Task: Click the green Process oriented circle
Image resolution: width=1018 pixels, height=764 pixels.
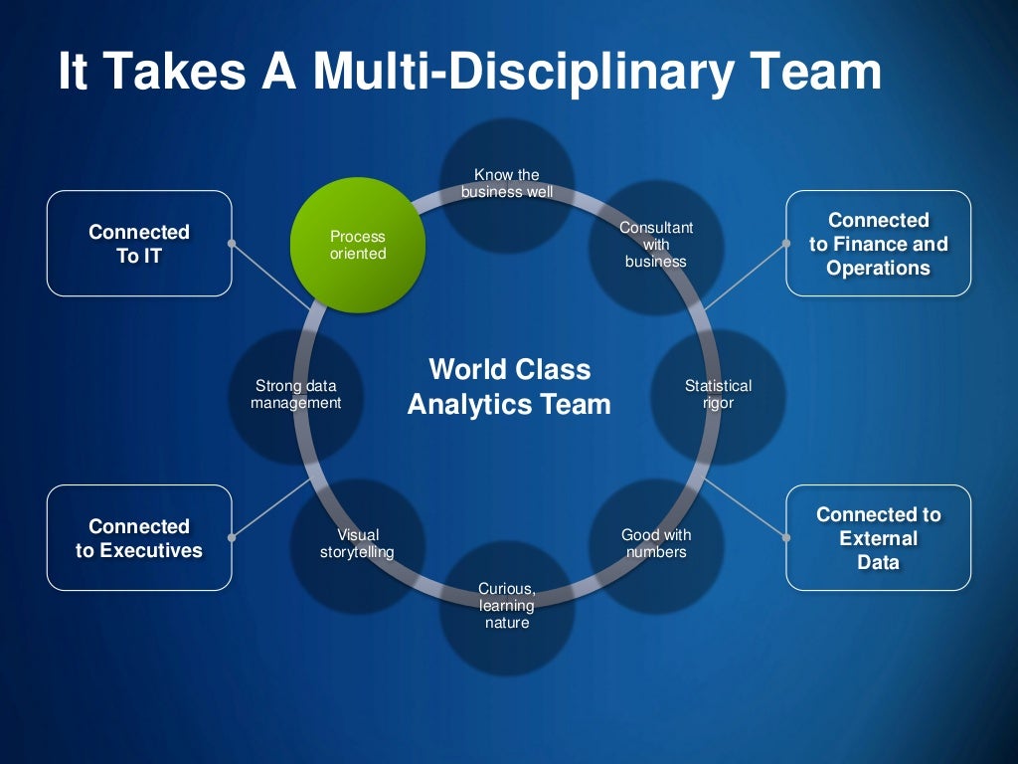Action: (x=358, y=245)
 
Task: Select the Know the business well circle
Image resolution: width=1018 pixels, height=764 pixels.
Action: (x=507, y=185)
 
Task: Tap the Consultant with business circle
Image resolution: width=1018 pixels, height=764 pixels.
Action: (x=656, y=246)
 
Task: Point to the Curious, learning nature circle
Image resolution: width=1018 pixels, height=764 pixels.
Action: (x=507, y=607)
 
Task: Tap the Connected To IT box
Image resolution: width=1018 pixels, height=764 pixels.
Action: (x=139, y=244)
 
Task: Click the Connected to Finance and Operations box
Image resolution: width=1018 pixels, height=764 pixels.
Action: (x=879, y=244)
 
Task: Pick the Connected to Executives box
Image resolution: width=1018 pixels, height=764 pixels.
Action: (x=139, y=538)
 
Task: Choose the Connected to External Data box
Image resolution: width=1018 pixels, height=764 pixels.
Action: (x=879, y=538)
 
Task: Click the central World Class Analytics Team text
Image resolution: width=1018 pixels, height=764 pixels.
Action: (x=509, y=387)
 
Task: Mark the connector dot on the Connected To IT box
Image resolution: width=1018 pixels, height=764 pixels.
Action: (x=232, y=243)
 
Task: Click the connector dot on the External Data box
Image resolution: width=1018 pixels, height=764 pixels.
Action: (x=786, y=538)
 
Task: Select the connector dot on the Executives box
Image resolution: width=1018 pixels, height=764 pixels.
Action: (x=232, y=538)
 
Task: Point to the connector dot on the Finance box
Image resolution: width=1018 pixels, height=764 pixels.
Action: (x=786, y=243)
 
